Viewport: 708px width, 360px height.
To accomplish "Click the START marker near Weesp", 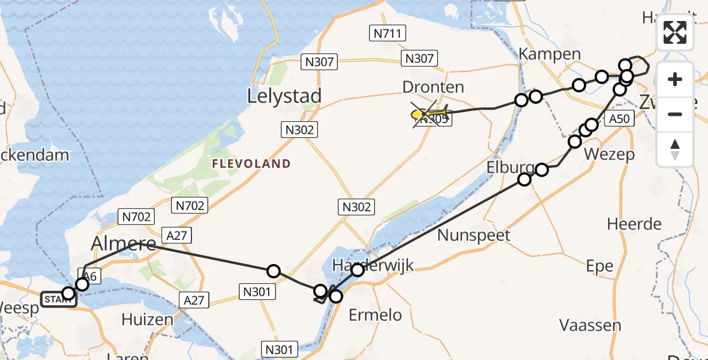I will pyautogui.click(x=58, y=299).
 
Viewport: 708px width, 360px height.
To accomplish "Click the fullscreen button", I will pyautogui.click(x=675, y=32).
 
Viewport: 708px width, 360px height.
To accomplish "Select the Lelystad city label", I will pyautogui.click(x=284, y=96).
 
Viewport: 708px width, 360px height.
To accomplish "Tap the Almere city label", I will pyautogui.click(x=123, y=244).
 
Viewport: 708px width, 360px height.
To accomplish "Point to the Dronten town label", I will pyautogui.click(x=433, y=87).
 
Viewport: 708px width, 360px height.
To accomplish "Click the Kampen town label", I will pyautogui.click(x=550, y=54).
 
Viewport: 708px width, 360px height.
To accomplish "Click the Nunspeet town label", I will pyautogui.click(x=473, y=235).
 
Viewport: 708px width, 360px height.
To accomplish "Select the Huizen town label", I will pyautogui.click(x=147, y=319).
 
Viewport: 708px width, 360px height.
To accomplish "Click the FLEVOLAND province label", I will pyautogui.click(x=252, y=164).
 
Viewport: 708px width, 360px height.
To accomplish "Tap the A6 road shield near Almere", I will pyautogui.click(x=90, y=275).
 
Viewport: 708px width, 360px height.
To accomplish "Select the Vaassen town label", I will pyautogui.click(x=590, y=325).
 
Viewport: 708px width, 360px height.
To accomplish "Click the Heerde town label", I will pyautogui.click(x=634, y=224).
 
